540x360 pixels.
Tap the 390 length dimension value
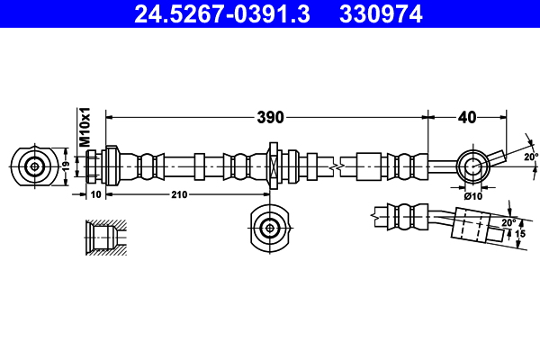coord(270,116)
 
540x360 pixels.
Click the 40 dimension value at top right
coord(467,116)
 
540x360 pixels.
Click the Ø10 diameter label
coord(473,195)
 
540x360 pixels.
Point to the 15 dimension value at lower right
coord(520,234)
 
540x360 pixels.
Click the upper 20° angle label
coord(530,156)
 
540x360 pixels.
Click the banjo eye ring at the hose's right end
coord(472,166)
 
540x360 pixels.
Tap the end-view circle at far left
coord(35,166)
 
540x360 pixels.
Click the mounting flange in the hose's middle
coord(274,166)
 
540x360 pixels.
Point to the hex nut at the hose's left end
coord(94,166)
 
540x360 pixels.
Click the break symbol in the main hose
coord(336,166)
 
